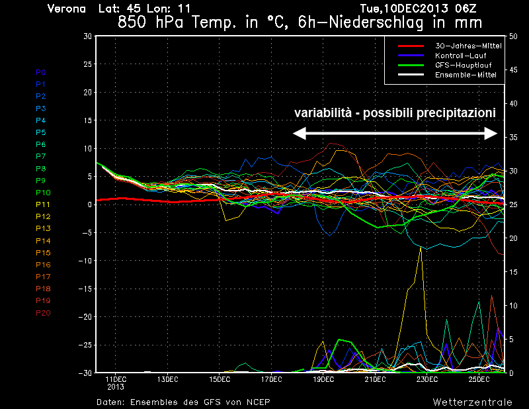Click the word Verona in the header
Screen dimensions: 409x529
coord(67,9)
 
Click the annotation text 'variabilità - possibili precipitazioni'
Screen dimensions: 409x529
coord(395,113)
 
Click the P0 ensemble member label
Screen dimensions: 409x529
coord(41,71)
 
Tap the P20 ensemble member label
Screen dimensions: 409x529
coord(42,312)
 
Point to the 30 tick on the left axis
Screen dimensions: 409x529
coord(87,36)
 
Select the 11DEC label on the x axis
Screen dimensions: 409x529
coord(115,379)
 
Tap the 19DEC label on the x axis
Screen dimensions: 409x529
coord(323,379)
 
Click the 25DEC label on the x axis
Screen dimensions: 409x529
coord(479,379)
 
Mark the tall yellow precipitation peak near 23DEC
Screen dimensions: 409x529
coord(421,248)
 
